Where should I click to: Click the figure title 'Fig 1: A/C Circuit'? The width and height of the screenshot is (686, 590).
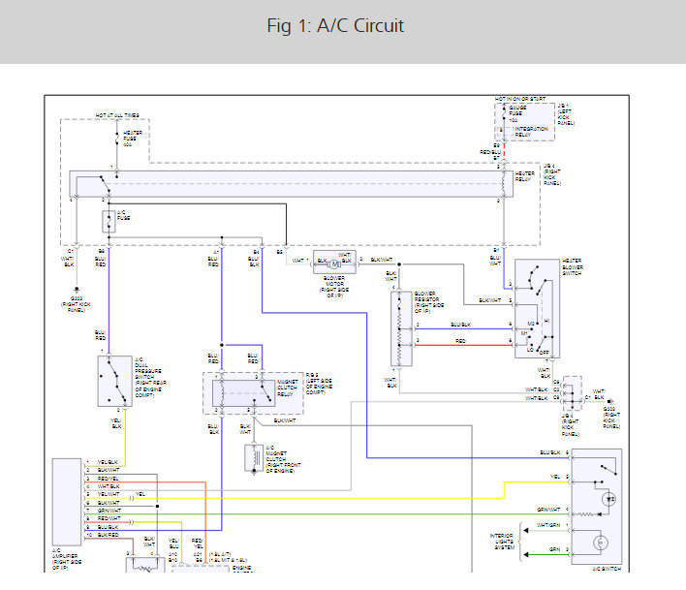[335, 26]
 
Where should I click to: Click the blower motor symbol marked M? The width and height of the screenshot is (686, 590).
[332, 263]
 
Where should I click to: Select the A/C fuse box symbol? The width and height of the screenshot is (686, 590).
[109, 222]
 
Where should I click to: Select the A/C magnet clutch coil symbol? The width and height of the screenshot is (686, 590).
[251, 456]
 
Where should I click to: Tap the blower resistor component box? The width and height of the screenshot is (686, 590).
[401, 328]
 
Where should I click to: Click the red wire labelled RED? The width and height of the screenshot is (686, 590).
[461, 341]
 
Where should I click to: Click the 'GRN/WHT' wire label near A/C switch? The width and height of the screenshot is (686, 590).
[549, 510]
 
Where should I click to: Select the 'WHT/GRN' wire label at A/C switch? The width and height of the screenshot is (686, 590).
[549, 525]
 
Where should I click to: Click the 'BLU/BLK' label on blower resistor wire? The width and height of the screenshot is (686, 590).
[461, 325]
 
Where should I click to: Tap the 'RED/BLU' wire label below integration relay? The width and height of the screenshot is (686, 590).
[491, 152]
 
